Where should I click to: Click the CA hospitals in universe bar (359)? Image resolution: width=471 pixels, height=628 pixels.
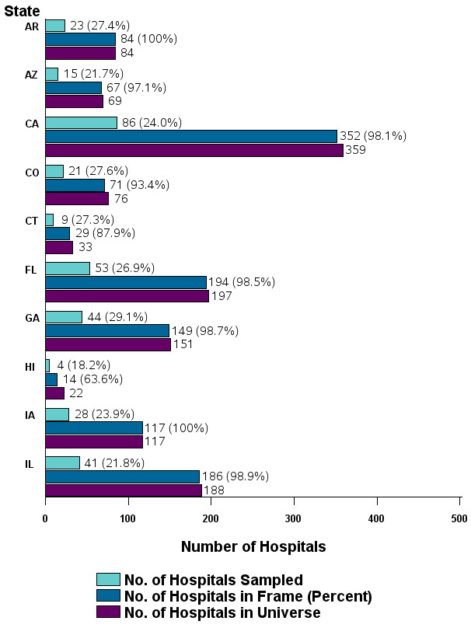click(194, 150)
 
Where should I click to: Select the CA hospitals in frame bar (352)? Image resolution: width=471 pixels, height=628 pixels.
click(190, 136)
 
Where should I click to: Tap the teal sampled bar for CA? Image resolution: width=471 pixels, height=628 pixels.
click(81, 122)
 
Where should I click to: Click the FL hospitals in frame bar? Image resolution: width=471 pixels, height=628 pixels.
click(125, 282)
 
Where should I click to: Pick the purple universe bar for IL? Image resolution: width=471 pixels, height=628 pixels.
click(123, 490)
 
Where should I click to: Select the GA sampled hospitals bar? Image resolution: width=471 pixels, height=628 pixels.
click(63, 316)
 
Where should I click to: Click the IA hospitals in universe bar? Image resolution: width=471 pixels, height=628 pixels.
click(93, 441)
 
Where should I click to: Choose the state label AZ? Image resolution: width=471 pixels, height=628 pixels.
click(31, 75)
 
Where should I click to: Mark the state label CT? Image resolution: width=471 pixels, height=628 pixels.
click(31, 221)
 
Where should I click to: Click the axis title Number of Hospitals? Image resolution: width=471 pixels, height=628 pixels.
click(253, 546)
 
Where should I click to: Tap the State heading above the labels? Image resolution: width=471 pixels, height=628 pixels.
click(23, 10)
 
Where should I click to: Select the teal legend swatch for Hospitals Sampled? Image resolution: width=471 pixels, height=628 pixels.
click(108, 579)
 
